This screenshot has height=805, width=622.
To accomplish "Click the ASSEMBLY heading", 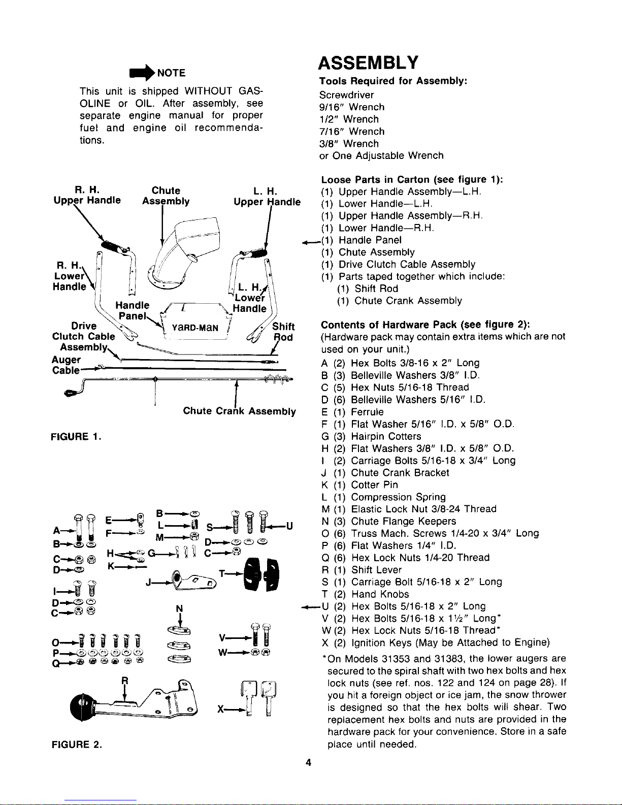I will coord(369,63).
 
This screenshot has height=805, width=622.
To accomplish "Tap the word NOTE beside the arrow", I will coord(172,73).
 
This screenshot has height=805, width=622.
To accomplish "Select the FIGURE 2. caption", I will coord(77,745).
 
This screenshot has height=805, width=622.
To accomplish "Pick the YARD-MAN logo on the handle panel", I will coord(194,328).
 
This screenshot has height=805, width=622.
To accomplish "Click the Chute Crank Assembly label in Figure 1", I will coord(239,411).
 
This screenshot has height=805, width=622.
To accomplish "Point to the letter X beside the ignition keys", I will coord(221,711).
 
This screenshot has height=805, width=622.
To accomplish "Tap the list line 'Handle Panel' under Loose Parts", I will coord(370,240).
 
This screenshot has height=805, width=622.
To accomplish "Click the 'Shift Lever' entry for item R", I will coord(376,570).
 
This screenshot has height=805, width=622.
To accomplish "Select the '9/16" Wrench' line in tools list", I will coord(352,107).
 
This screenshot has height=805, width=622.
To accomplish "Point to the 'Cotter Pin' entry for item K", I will coord(374,485).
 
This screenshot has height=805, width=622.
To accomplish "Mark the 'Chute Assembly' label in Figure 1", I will coord(166,196).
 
